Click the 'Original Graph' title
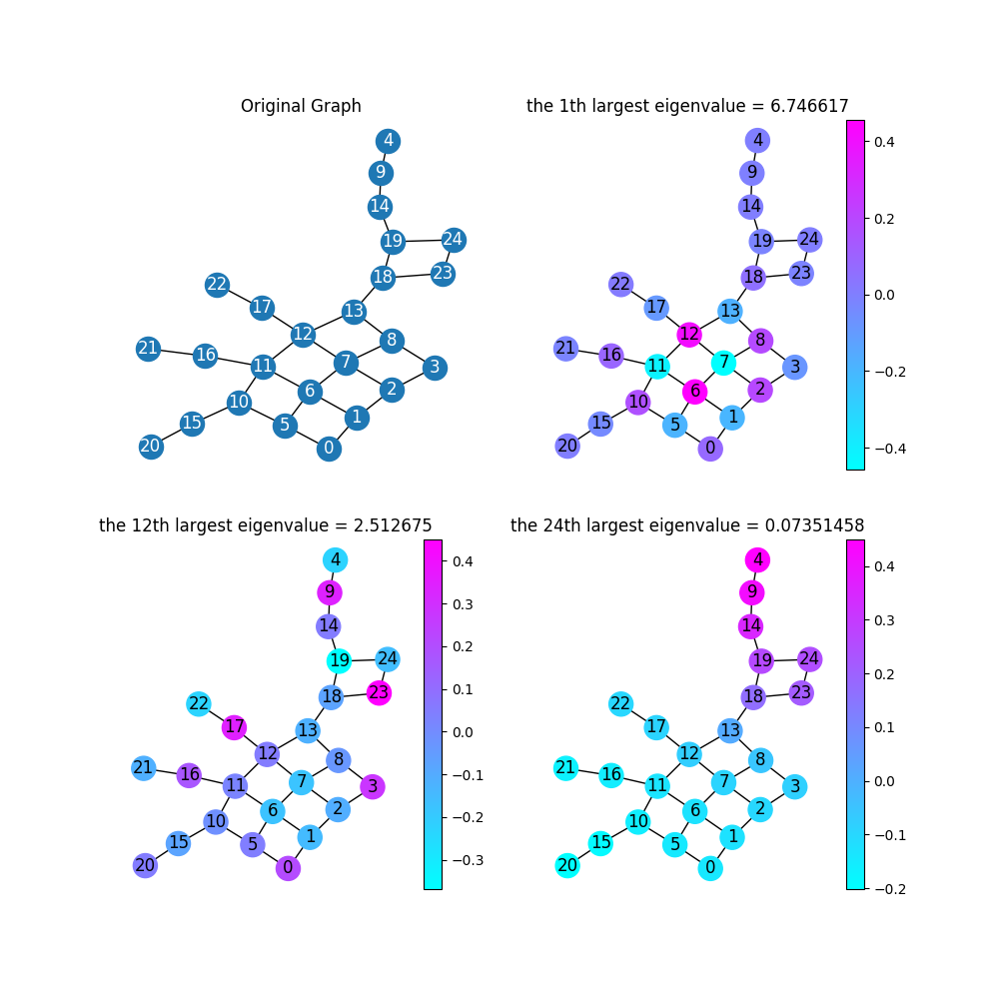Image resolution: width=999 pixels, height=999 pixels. point(301,106)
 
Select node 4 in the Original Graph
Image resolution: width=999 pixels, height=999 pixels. point(388,141)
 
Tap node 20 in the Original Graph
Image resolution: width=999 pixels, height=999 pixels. point(151,447)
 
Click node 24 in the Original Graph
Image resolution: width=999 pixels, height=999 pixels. point(454,240)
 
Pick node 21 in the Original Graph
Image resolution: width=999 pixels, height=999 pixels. point(149,349)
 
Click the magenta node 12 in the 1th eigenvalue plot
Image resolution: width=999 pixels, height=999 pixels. point(689,334)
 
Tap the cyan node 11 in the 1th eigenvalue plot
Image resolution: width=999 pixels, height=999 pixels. point(656,365)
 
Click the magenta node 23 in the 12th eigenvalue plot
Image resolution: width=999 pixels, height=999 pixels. point(379,692)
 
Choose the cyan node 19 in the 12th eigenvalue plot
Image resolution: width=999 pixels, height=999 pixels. point(340,660)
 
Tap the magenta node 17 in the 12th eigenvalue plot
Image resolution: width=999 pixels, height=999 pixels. point(235,726)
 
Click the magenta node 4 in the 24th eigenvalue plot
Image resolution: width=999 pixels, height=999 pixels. point(758,559)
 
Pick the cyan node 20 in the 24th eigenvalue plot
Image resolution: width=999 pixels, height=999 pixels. point(567,865)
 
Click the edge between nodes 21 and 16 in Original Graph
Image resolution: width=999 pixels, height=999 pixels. point(177,352)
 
